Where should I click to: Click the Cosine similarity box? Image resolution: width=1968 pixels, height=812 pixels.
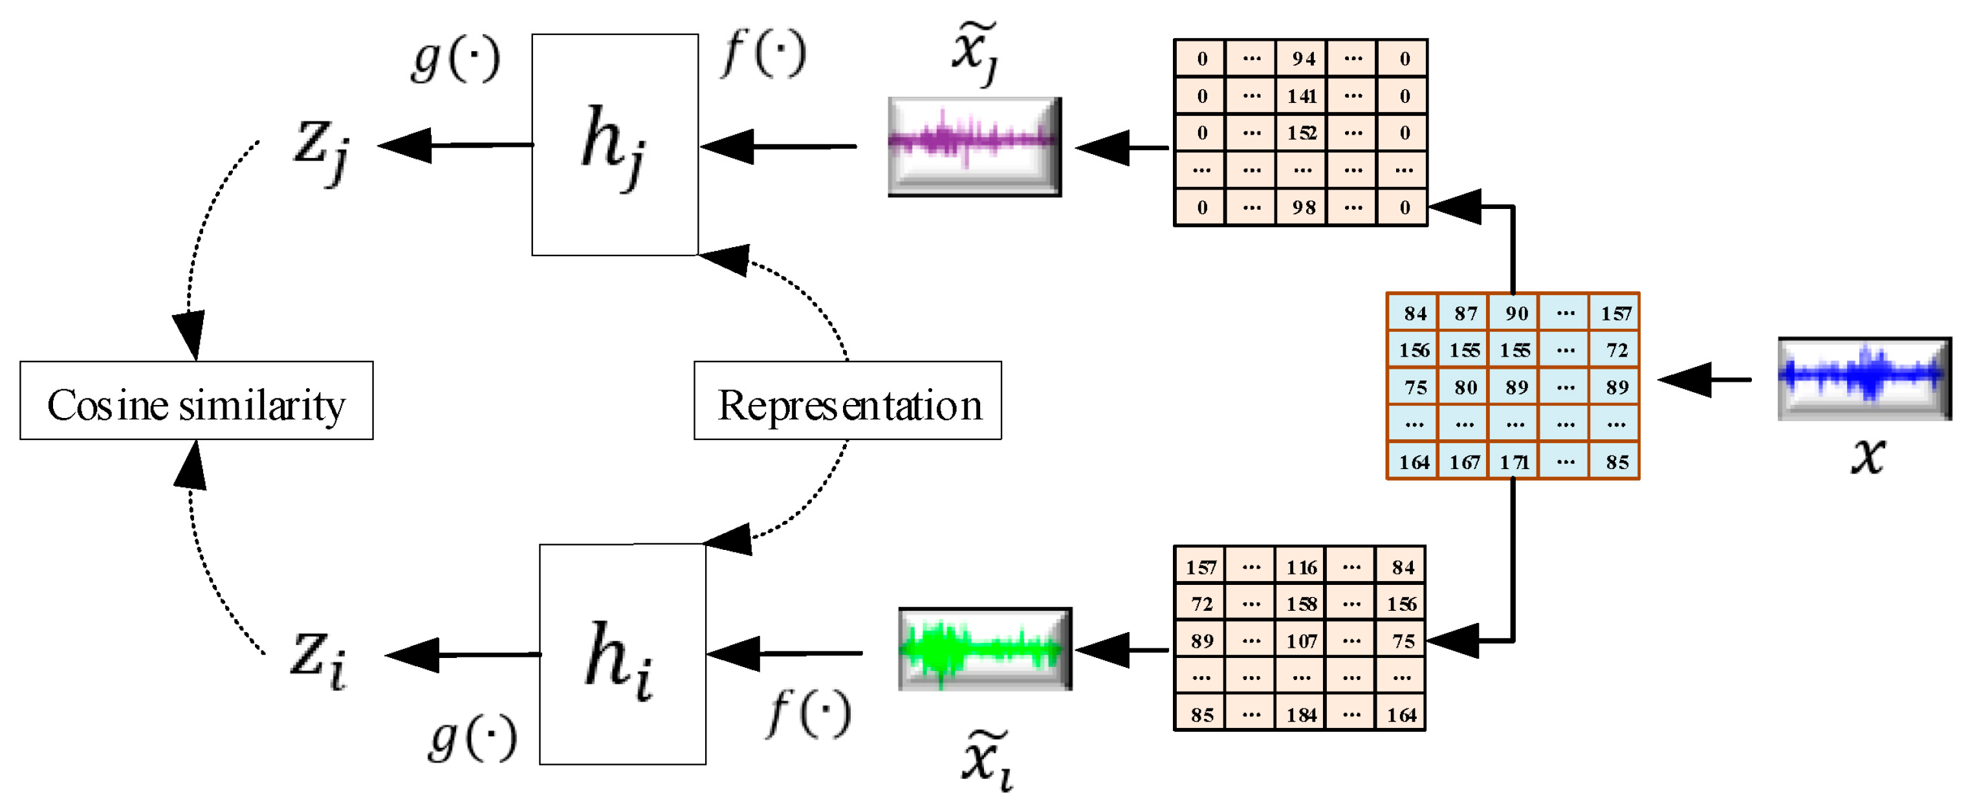click(x=196, y=401)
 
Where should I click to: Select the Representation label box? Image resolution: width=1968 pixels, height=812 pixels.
click(x=847, y=401)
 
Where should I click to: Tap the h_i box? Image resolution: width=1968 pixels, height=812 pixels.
click(x=622, y=654)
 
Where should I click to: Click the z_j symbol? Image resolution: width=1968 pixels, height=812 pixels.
click(x=322, y=148)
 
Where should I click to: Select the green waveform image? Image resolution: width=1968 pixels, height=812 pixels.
click(x=985, y=650)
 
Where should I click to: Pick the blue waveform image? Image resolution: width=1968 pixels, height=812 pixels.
click(x=1863, y=378)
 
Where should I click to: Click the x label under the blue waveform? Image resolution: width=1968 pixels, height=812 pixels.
click(x=1868, y=456)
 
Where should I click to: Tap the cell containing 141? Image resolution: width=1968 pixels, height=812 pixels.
click(x=1302, y=96)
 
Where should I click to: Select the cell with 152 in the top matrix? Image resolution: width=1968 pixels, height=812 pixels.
click(x=1302, y=133)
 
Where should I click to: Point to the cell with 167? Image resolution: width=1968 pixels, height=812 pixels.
click(x=1464, y=462)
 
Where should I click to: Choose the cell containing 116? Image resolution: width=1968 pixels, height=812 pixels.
click(x=1301, y=567)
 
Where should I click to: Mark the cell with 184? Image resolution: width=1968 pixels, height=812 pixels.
click(x=1301, y=715)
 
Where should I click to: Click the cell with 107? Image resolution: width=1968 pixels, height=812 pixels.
click(x=1301, y=641)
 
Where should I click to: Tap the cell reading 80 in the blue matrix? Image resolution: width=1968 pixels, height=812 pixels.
click(x=1465, y=388)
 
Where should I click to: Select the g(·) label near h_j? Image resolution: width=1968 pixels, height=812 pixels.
click(x=455, y=60)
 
